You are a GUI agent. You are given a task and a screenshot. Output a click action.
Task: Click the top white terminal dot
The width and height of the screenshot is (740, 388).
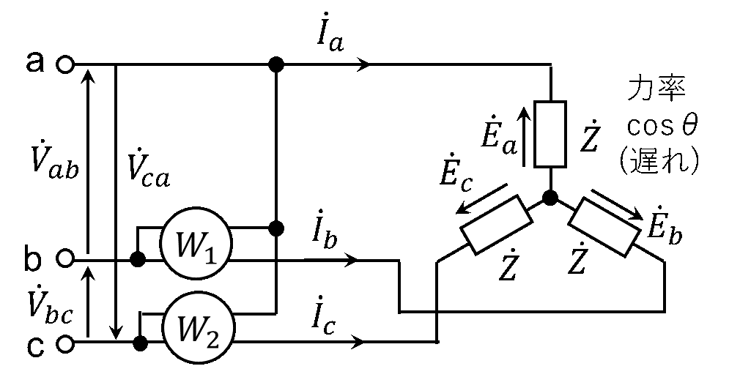[65, 64]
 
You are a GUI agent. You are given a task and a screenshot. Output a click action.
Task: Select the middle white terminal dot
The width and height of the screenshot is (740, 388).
[65, 258]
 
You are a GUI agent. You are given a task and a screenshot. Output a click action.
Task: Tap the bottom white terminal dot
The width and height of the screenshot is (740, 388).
[65, 343]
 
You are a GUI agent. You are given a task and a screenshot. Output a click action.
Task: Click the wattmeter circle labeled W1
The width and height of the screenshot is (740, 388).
[196, 245]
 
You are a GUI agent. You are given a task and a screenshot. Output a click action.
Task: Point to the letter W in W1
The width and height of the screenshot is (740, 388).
[189, 246]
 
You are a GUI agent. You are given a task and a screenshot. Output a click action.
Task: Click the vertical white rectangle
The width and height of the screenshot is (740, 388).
[550, 134]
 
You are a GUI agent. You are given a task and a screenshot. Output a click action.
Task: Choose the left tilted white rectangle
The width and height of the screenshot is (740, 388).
[496, 225]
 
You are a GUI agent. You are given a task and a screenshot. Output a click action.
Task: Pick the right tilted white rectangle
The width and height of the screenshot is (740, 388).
[604, 226]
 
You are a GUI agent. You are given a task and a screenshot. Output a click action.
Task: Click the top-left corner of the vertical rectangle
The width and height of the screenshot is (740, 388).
[537, 104]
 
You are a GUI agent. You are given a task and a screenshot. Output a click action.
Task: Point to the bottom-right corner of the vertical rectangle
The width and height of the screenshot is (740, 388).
[563, 165]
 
